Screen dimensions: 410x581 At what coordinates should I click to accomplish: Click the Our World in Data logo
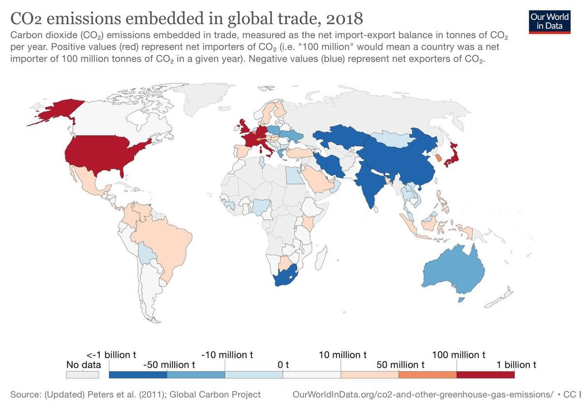(549, 20)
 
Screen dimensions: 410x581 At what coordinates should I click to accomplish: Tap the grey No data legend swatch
(83, 375)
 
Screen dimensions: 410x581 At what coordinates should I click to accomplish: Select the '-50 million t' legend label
(169, 364)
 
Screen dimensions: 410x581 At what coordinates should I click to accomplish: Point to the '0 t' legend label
(283, 364)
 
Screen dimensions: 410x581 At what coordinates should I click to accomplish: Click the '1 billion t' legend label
(514, 364)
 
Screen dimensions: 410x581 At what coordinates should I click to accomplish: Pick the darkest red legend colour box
(486, 375)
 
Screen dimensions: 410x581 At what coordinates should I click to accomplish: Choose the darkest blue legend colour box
(138, 375)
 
